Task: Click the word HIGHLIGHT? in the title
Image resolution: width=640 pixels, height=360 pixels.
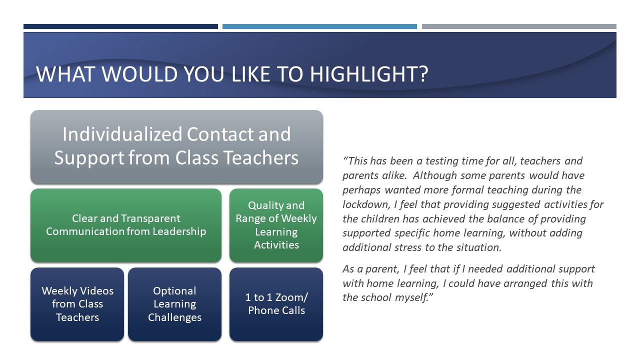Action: [369, 74]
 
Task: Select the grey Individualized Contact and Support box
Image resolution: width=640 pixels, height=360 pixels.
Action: [176, 147]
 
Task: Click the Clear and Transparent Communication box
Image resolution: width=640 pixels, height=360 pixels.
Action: [126, 225]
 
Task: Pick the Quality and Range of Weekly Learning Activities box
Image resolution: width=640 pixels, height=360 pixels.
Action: [276, 225]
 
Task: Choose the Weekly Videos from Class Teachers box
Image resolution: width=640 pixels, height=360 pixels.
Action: [77, 304]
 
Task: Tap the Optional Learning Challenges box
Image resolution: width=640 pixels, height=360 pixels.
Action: [174, 304]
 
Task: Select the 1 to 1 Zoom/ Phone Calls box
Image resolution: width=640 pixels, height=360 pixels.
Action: [276, 304]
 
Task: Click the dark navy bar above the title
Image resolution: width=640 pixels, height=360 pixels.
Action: [120, 26]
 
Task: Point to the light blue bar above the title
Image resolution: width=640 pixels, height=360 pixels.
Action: [319, 26]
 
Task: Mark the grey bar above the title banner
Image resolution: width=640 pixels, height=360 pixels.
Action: [519, 26]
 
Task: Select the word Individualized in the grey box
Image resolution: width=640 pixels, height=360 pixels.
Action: [122, 134]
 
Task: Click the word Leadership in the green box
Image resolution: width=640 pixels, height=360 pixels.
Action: [179, 231]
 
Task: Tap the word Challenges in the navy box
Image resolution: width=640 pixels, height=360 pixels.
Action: [174, 317]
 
